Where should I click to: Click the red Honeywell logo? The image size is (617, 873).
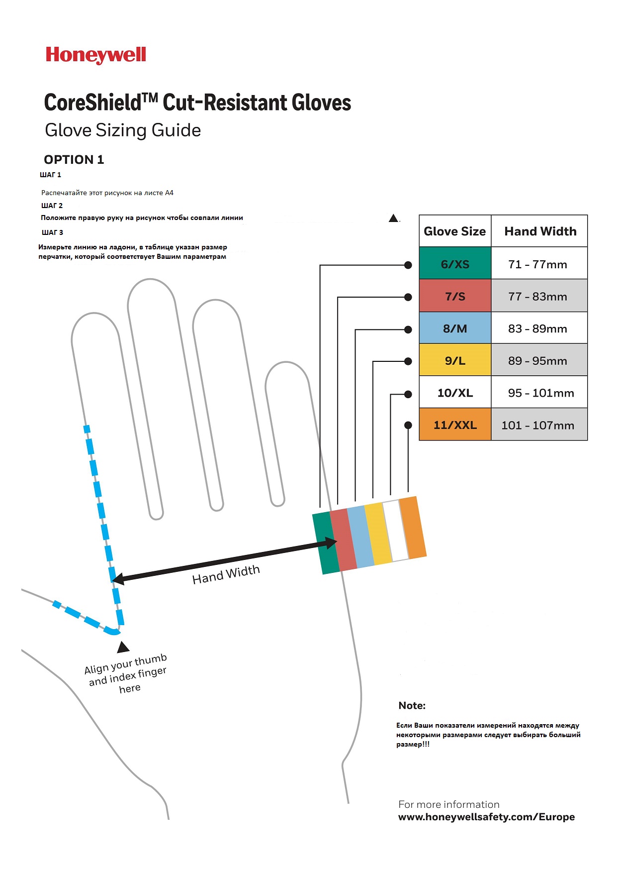point(96,55)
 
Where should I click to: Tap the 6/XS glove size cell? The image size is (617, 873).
point(455,263)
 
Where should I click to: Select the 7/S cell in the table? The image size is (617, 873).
point(455,296)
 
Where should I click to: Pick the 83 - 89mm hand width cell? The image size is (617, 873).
point(539,328)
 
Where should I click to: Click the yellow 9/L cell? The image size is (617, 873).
point(455,360)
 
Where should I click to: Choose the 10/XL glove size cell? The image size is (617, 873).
point(455,392)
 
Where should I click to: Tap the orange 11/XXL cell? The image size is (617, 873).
point(455,425)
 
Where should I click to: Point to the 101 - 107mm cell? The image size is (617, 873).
point(539,425)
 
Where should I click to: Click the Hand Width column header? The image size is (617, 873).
point(540,231)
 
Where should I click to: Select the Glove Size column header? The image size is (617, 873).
point(454,231)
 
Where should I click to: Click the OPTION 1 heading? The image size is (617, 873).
point(74,160)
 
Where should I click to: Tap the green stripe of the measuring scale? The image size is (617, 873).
point(326,543)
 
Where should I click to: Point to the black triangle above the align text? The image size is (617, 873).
point(123,647)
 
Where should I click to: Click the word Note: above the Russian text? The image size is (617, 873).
point(412,705)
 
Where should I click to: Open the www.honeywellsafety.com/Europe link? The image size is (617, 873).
point(486,817)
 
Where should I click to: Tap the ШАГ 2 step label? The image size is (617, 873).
point(52,206)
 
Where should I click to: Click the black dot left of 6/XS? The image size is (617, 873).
point(408,265)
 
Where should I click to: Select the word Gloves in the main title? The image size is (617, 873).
point(322,103)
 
